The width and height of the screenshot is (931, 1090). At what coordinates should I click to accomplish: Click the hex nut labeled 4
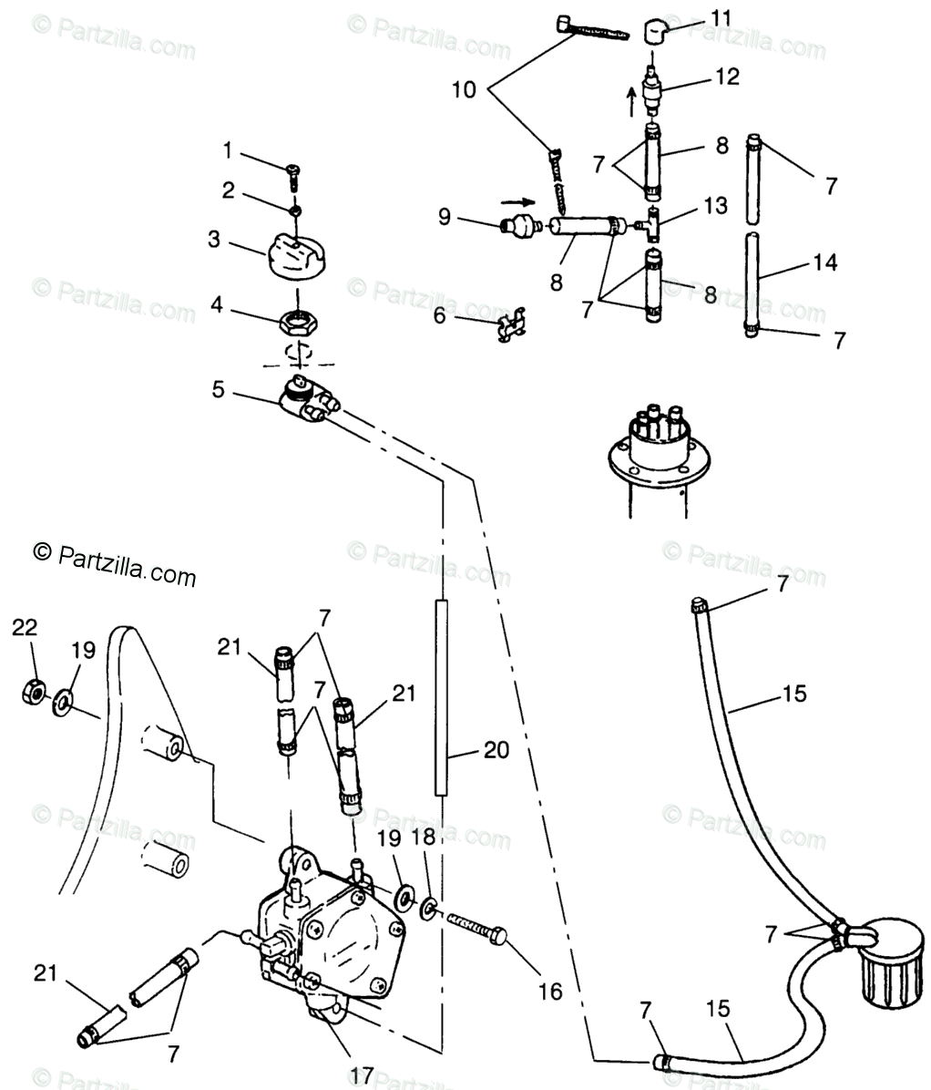[x=299, y=323]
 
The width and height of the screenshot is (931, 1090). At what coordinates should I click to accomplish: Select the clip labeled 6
[x=513, y=324]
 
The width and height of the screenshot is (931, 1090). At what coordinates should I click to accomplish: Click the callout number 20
[x=496, y=750]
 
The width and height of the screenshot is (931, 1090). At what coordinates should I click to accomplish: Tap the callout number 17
[x=362, y=1075]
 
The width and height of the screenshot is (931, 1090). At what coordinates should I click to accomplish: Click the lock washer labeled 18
[x=429, y=908]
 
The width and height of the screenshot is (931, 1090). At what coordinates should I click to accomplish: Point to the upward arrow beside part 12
[x=631, y=102]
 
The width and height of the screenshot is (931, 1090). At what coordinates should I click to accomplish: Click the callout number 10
[x=464, y=89]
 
